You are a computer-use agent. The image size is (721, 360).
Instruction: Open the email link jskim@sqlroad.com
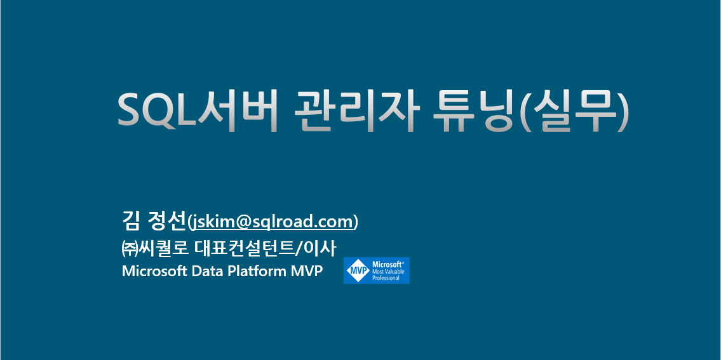point(273,222)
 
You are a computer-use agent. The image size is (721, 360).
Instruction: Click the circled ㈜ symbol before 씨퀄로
point(129,247)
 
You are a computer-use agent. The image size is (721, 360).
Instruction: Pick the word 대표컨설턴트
point(247,247)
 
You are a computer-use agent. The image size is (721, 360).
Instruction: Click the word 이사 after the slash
point(321,247)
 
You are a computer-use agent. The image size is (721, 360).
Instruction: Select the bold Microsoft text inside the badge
point(388,263)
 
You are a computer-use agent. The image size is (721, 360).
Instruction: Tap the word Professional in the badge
point(386,278)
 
